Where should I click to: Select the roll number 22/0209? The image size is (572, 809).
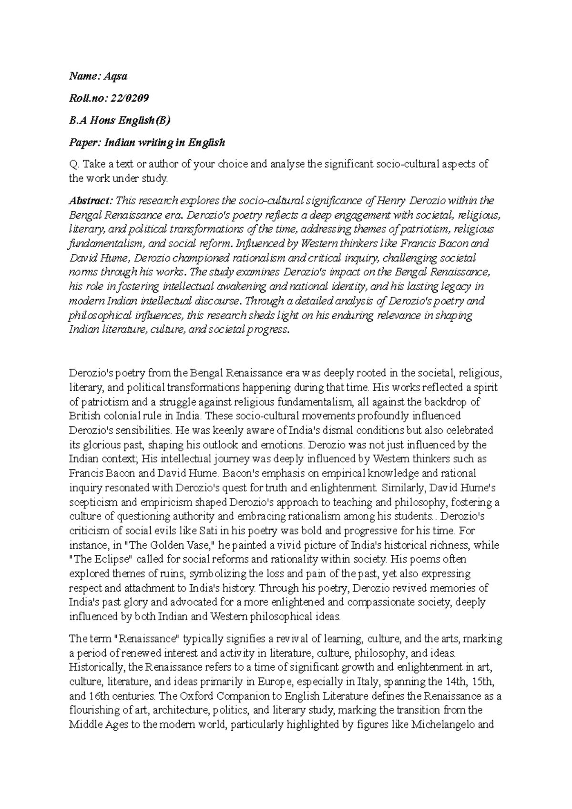pos(130,98)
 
